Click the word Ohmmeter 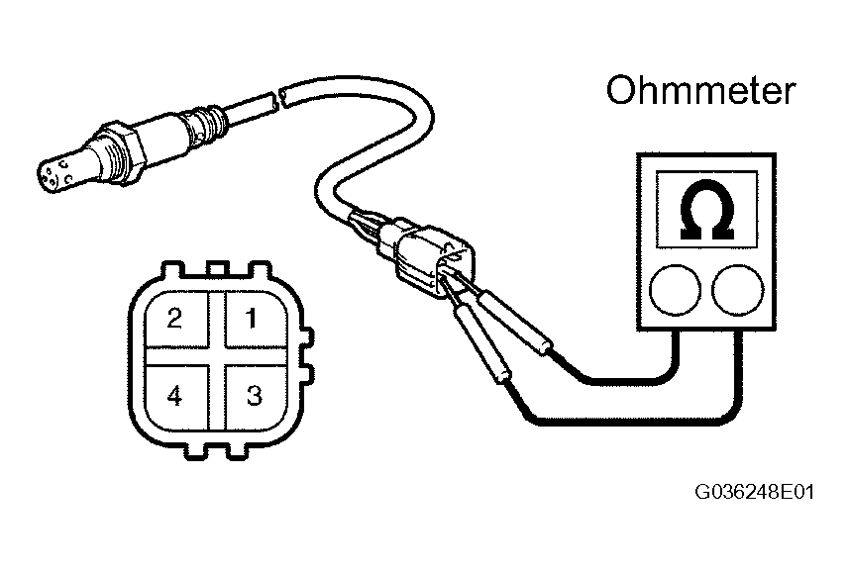click(700, 90)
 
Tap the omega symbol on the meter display click(706, 210)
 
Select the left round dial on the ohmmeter click(675, 290)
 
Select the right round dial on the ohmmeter click(737, 290)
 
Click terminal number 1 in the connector click(252, 318)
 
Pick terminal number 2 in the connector click(174, 318)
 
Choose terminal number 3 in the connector click(254, 396)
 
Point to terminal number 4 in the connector click(174, 397)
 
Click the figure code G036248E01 click(754, 492)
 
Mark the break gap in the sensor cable click(277, 100)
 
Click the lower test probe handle click(482, 344)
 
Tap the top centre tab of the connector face click(218, 269)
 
